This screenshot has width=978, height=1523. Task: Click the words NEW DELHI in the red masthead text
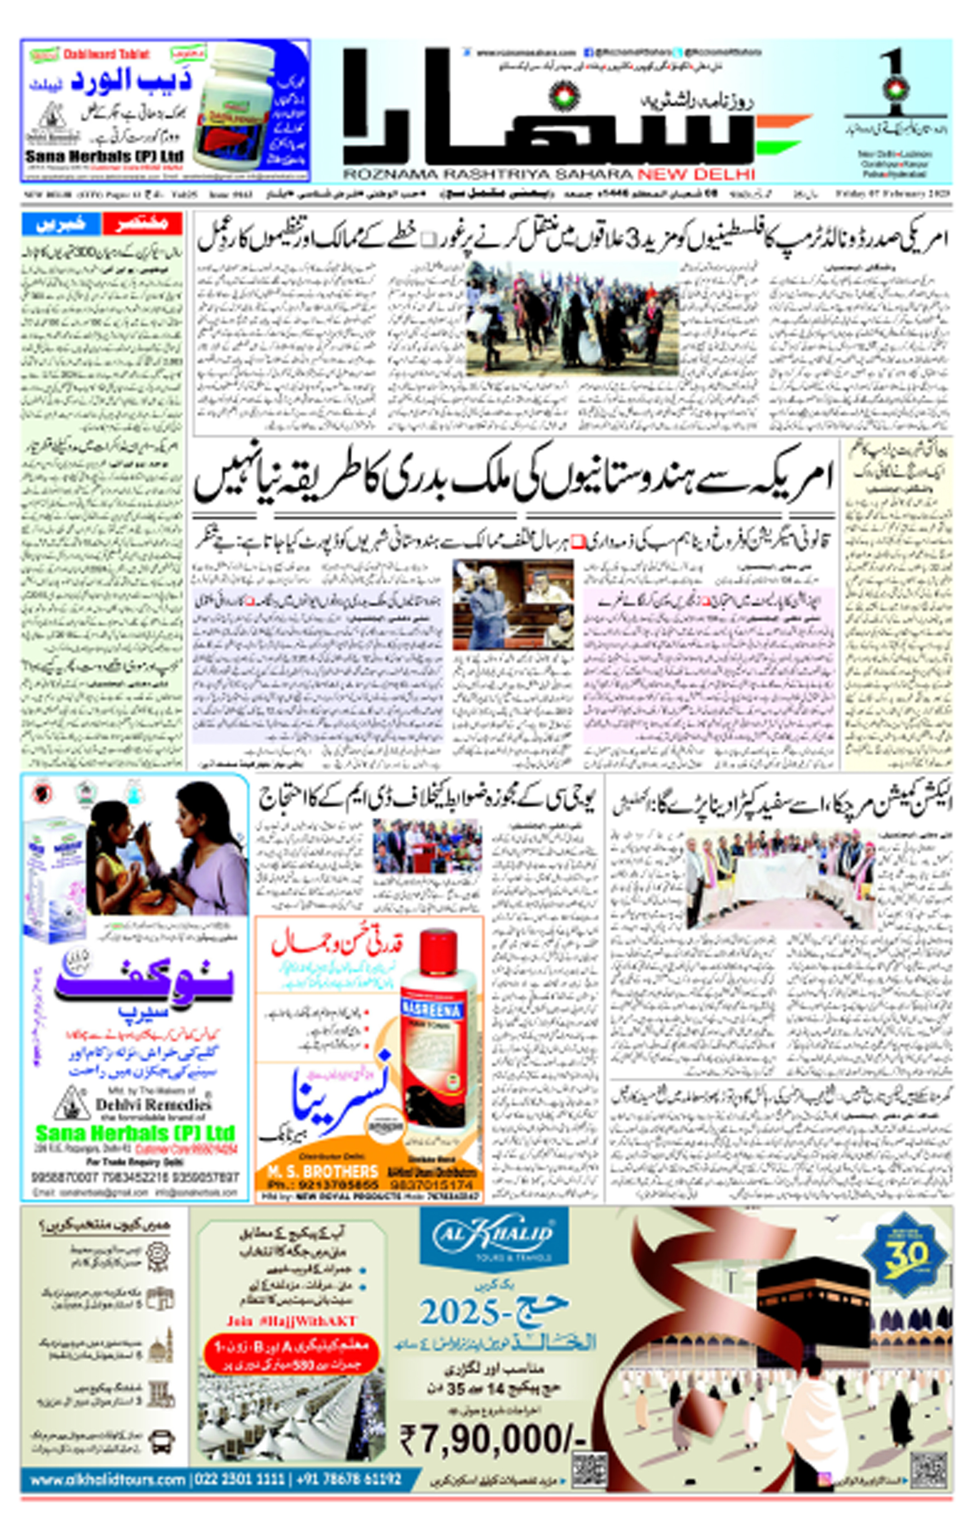[x=696, y=175]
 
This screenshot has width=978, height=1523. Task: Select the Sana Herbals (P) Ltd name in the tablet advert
[x=104, y=156]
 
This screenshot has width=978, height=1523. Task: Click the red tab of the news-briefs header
[x=142, y=224]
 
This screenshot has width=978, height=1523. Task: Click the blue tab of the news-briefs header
[x=61, y=224]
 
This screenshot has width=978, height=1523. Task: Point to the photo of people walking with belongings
[x=572, y=318]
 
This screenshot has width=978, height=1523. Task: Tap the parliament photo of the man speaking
[x=513, y=604]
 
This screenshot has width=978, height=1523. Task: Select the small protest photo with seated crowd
[x=427, y=846]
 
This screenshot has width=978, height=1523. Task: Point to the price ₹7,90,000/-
[x=493, y=1439]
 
